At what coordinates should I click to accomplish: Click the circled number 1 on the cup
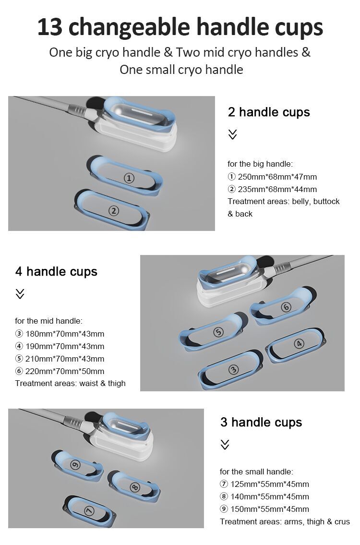tap(129, 178)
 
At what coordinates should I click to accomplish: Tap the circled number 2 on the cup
tap(114, 210)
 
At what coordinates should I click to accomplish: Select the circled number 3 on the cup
tap(234, 369)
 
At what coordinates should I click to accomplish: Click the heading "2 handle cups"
tap(269, 112)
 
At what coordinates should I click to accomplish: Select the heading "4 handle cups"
tap(56, 272)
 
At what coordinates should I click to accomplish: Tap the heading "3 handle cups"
tap(261, 423)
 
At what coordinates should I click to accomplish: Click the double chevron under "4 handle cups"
tap(20, 294)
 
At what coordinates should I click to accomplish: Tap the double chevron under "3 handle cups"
tap(225, 445)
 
